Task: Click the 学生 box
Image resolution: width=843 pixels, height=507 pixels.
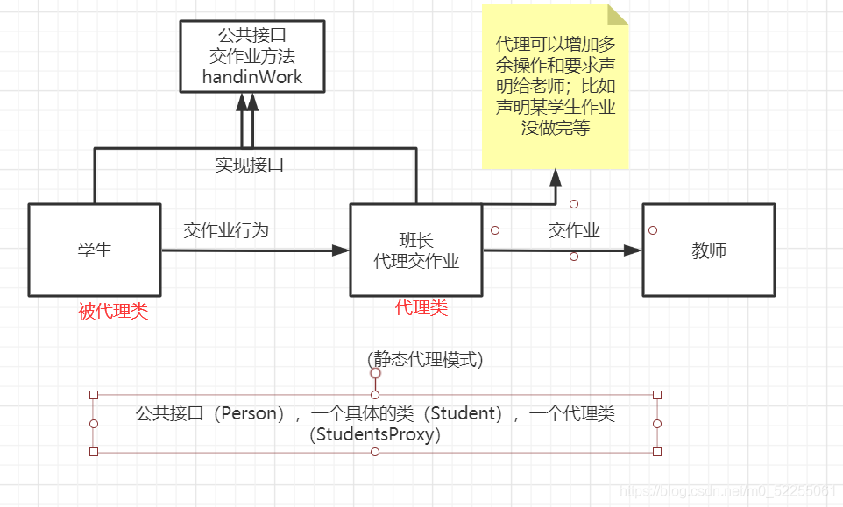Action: click(x=95, y=250)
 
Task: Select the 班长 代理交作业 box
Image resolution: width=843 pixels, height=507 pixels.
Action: click(x=416, y=250)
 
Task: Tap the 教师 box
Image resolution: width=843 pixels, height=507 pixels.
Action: click(x=709, y=250)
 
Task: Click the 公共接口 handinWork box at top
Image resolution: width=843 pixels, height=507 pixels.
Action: click(x=252, y=56)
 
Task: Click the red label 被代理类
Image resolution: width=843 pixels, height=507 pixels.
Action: click(x=113, y=312)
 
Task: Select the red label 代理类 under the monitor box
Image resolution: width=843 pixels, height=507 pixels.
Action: click(x=421, y=307)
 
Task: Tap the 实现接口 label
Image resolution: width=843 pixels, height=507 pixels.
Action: click(x=250, y=165)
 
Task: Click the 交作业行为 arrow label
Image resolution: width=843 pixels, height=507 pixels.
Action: click(x=226, y=230)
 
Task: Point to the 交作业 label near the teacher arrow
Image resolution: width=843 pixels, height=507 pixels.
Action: click(x=574, y=230)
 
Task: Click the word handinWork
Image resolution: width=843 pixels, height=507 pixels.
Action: click(x=252, y=77)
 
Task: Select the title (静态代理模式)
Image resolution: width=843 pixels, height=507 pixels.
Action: click(x=425, y=359)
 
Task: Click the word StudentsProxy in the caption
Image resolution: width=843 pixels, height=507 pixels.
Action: click(x=375, y=434)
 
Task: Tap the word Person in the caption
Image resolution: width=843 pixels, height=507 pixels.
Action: click(x=246, y=414)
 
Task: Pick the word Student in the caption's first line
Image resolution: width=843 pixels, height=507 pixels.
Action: click(x=467, y=414)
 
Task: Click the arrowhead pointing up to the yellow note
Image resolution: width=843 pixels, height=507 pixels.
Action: click(x=555, y=177)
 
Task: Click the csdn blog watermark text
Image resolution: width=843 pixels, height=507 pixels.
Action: click(x=727, y=491)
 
